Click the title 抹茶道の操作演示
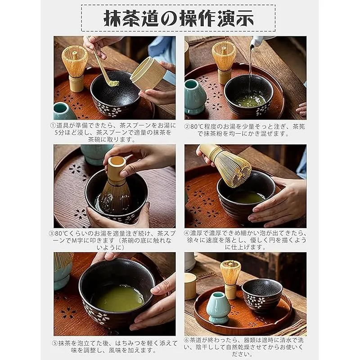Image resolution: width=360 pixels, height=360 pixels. click(178, 18)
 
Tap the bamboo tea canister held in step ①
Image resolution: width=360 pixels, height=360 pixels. click(148, 73)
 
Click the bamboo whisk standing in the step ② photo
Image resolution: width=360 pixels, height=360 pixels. click(224, 62)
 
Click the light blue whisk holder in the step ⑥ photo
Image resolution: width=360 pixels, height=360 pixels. click(216, 308)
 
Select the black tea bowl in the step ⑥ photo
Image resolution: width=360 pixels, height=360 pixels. click(262, 296)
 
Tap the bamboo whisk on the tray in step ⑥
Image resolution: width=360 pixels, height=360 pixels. click(230, 279)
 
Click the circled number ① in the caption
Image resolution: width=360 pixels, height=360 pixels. click(53, 126)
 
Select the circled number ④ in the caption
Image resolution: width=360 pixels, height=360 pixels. click(187, 233)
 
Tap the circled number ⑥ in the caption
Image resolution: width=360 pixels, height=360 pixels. click(187, 340)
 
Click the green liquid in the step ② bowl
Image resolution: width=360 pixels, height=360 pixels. click(250, 100)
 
